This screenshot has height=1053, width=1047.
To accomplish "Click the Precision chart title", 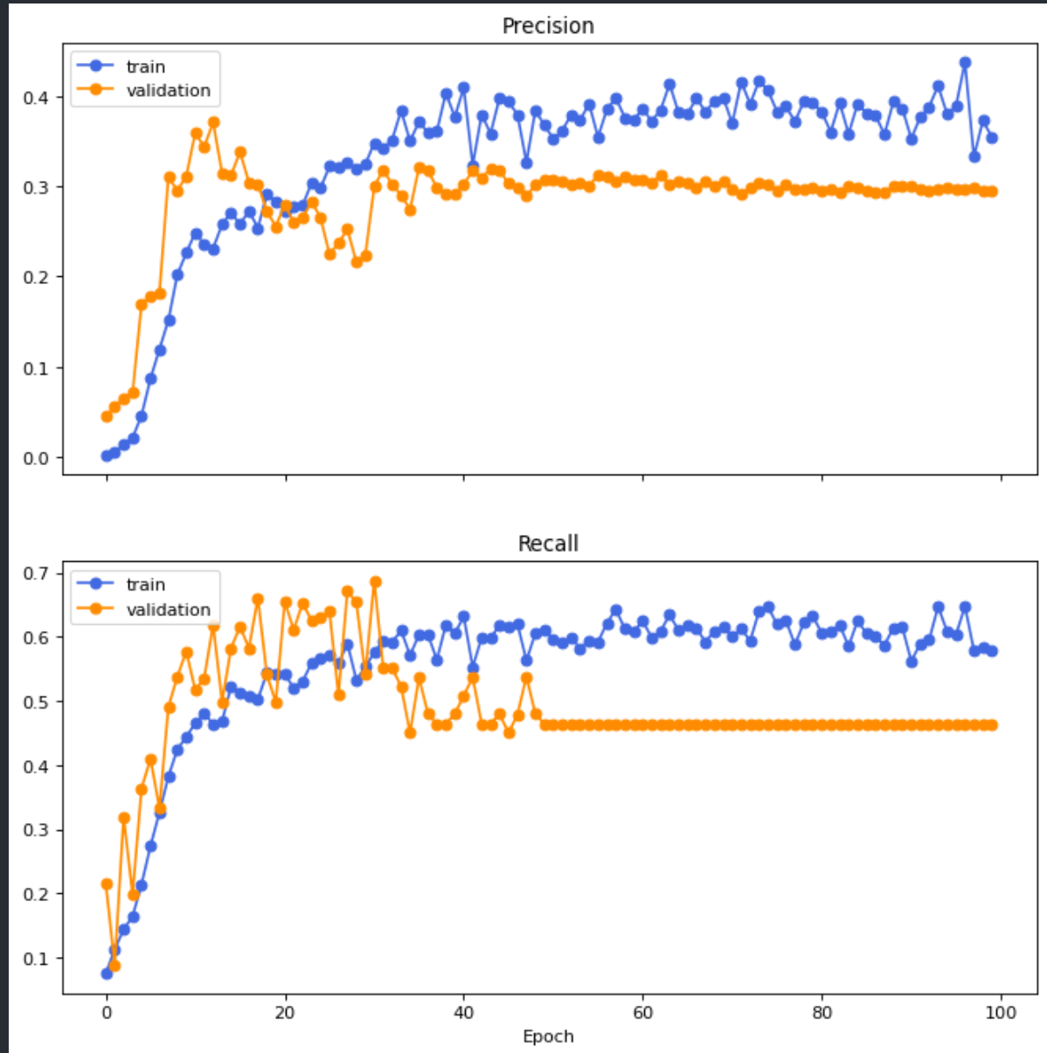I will tap(548, 26).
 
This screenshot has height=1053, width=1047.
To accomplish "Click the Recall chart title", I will tap(548, 544).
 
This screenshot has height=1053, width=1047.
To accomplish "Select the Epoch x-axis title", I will tap(548, 1036).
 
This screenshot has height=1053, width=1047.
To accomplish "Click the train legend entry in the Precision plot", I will tap(145, 66).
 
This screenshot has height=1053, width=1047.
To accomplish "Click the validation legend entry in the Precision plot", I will tap(168, 90).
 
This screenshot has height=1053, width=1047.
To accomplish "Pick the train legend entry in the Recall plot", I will tap(145, 585).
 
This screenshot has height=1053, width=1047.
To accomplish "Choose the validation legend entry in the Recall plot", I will tap(168, 609).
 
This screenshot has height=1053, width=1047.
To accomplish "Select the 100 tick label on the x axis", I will tap(1001, 1013).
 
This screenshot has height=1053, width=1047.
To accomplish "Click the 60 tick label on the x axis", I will tap(642, 1013).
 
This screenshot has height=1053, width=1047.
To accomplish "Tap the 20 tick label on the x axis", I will tap(285, 1013).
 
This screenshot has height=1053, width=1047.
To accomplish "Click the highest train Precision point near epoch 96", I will tap(965, 63).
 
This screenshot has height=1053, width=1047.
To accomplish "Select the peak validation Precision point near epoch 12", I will tap(213, 122).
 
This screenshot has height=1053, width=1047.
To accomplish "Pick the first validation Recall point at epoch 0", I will tap(107, 884).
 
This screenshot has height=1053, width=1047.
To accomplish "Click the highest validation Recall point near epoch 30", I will tap(375, 582).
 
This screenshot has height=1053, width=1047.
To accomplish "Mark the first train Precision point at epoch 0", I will tap(107, 455).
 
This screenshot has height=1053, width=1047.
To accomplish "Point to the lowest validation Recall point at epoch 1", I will tap(114, 966).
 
